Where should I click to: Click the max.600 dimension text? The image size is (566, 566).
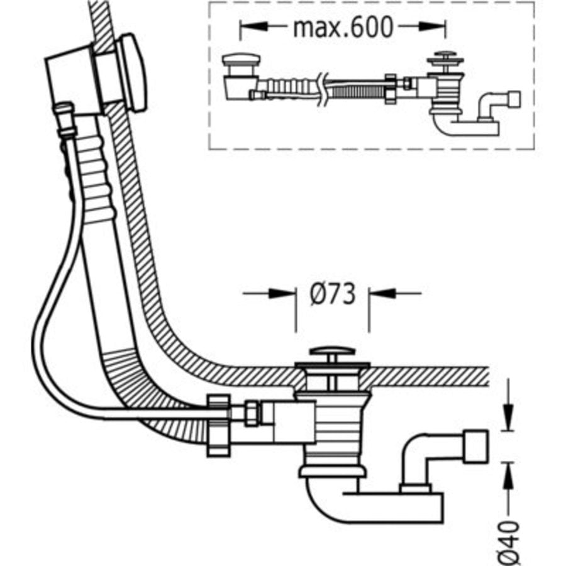pyautogui.click(x=343, y=28)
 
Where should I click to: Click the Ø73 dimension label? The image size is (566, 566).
pyautogui.click(x=332, y=294)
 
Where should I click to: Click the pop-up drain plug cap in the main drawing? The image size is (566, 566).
pyautogui.click(x=331, y=353)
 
